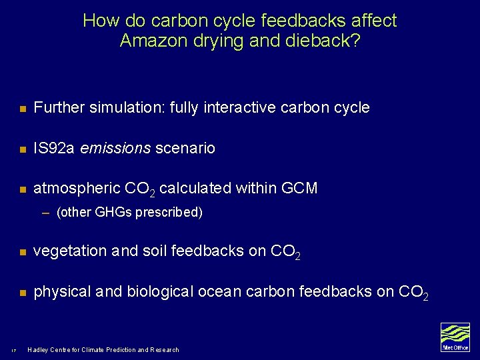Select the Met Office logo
pos(455,337)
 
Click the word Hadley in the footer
pos(40,349)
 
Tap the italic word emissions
pos(115,148)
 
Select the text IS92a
pos(54,148)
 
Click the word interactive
pos(245,107)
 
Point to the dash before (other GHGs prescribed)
pos(45,213)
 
